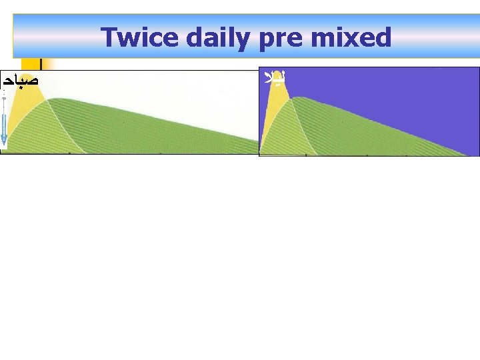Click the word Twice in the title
coord(139,37)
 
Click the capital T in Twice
coord(109,37)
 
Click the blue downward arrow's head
coord(4,140)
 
